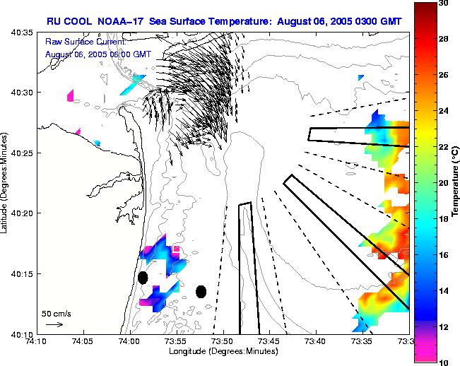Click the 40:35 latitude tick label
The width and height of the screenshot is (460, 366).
(x=23, y=33)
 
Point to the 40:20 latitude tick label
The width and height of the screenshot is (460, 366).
(x=23, y=213)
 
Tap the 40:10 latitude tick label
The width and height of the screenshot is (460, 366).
(x=23, y=334)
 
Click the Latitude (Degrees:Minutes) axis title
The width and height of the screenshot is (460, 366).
(x=6, y=183)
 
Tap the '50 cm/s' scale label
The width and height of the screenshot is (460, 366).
(x=56, y=313)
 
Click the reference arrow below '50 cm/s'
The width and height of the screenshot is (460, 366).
(x=54, y=324)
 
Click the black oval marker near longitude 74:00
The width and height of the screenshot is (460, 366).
(x=143, y=278)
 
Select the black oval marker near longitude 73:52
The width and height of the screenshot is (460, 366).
(x=201, y=291)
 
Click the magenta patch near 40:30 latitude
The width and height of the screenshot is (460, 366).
(x=71, y=95)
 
